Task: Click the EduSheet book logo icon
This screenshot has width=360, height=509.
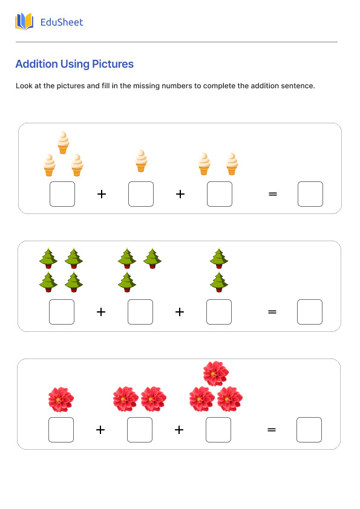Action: pyautogui.click(x=24, y=22)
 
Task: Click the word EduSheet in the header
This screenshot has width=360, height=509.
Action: pyautogui.click(x=61, y=22)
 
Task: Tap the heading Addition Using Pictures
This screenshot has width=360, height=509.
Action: pyautogui.click(x=74, y=64)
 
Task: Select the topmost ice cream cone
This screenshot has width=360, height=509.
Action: pyautogui.click(x=63, y=143)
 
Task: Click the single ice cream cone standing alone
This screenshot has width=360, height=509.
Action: pyautogui.click(x=141, y=161)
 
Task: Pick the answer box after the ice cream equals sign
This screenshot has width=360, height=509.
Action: pyautogui.click(x=310, y=194)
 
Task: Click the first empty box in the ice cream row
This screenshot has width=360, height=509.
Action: pyautogui.click(x=62, y=194)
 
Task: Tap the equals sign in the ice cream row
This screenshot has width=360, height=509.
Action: pyautogui.click(x=272, y=194)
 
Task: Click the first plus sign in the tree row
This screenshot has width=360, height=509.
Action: pyautogui.click(x=101, y=312)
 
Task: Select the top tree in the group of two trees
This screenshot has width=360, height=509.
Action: pyautogui.click(x=218, y=259)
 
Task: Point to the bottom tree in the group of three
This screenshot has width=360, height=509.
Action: pyautogui.click(x=126, y=282)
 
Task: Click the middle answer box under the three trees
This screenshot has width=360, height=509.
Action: pyautogui.click(x=140, y=312)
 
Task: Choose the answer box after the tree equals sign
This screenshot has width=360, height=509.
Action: pyautogui.click(x=309, y=312)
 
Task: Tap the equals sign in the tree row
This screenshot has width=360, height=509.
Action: pyautogui.click(x=272, y=312)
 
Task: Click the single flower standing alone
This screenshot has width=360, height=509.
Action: pyautogui.click(x=61, y=400)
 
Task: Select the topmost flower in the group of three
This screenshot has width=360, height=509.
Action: pyautogui.click(x=215, y=374)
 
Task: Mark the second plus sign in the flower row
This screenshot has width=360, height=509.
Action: pyautogui.click(x=179, y=430)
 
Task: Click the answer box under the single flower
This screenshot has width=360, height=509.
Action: pyautogui.click(x=61, y=430)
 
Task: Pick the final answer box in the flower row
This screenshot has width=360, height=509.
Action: pyautogui.click(x=309, y=430)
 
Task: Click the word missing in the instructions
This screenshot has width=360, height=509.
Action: pyautogui.click(x=146, y=86)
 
